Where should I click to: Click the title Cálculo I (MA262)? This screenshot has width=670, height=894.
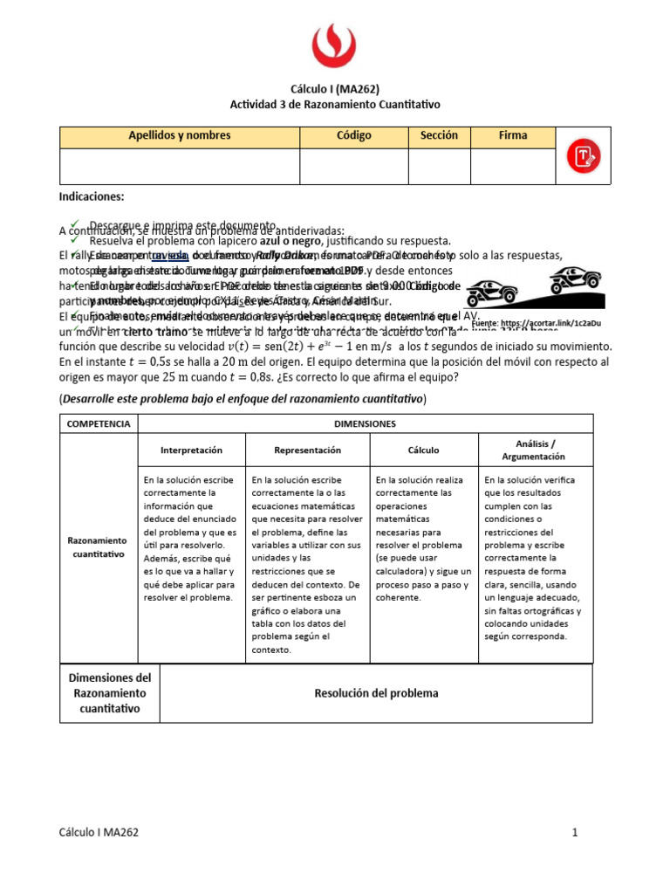[335, 88]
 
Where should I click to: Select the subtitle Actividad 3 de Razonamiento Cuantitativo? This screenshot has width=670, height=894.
[335, 104]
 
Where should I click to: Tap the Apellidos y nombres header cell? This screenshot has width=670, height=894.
[180, 136]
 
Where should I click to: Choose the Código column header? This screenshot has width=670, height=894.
[354, 136]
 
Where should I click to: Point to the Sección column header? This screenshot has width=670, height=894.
[439, 136]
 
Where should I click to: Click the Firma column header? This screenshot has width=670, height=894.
[513, 136]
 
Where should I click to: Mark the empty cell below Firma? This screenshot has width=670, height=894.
[513, 166]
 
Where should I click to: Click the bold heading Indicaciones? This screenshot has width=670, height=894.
[92, 197]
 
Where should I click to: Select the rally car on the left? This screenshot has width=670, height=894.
[495, 291]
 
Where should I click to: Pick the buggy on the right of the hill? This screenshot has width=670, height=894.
[574, 280]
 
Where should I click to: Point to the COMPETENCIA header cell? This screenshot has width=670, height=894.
[99, 423]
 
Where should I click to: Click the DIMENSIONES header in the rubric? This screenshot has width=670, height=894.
[366, 423]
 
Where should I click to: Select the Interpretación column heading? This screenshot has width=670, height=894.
[192, 450]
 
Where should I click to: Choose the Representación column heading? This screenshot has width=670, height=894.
[308, 450]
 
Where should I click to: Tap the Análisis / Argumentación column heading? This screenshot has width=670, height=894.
[535, 450]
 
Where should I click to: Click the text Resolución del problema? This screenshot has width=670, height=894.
[376, 693]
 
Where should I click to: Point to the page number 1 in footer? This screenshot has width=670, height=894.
[576, 833]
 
